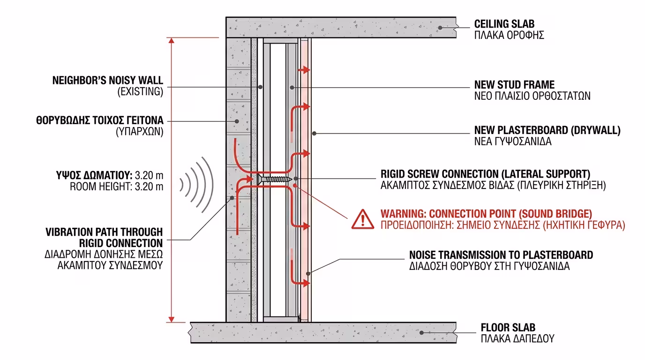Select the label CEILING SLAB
tap(504, 24)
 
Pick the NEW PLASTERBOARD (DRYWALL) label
tap(547, 130)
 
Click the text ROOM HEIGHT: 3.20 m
tap(117, 187)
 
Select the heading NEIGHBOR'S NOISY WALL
tap(107, 80)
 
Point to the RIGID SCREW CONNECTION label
tap(485, 174)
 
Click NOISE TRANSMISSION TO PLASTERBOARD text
tap(501, 255)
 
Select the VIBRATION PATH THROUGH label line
tap(104, 232)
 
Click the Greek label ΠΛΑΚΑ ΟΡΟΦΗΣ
tap(509, 35)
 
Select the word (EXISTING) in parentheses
tap(140, 92)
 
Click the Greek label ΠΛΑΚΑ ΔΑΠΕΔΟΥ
tap(517, 338)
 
